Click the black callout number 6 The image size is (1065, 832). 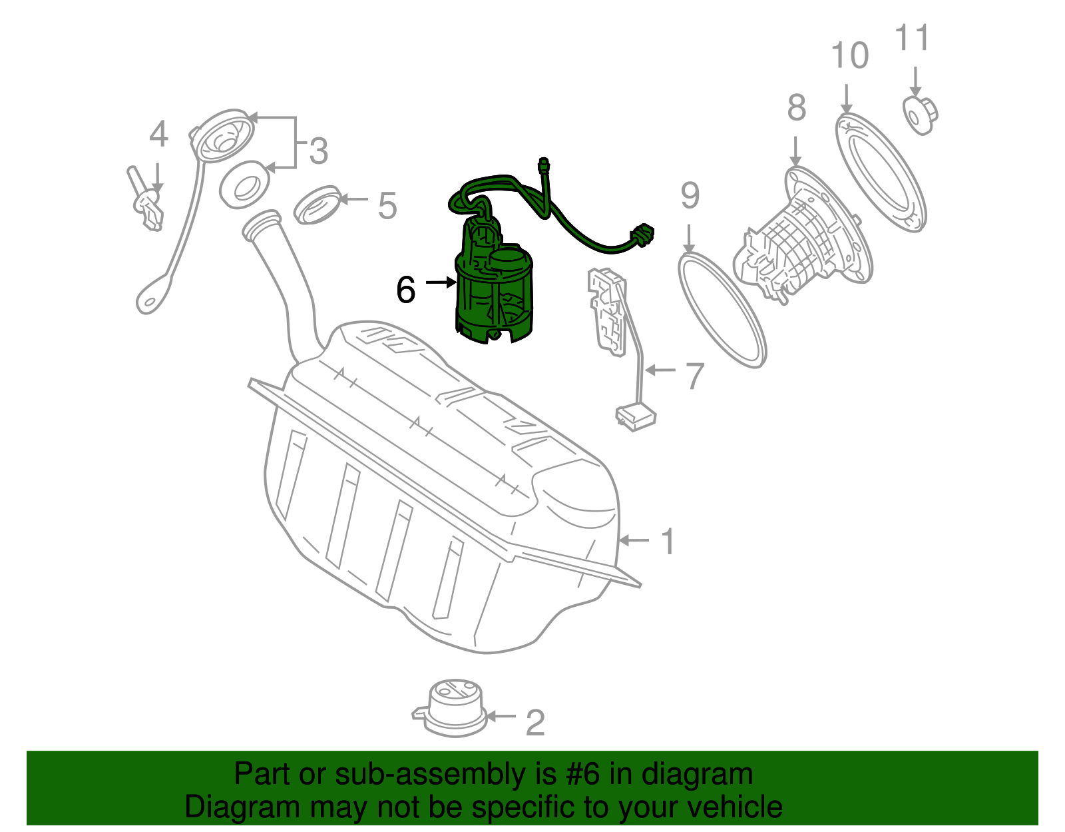(405, 290)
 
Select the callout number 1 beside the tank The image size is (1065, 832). (668, 542)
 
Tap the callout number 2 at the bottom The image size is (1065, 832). (534, 723)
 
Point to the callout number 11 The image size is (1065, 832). (912, 38)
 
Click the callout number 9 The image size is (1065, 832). (690, 196)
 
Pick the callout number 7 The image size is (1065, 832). (694, 376)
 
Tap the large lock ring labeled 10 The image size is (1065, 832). (880, 173)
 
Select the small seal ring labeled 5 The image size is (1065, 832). (318, 205)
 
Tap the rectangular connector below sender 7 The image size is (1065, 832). (636, 418)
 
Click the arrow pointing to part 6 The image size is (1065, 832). (441, 282)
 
